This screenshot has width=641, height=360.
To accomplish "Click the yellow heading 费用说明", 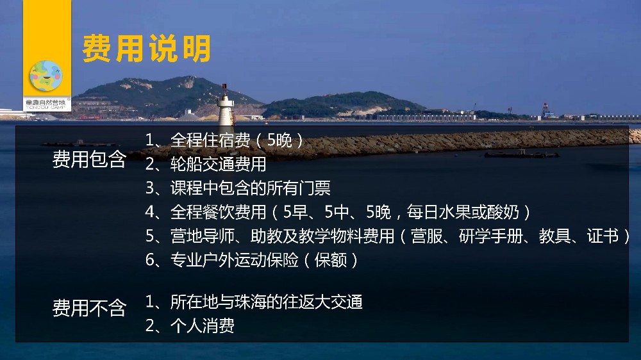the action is pyautogui.click(x=146, y=49).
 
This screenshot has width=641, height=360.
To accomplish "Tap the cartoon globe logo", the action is pyautogui.click(x=46, y=76).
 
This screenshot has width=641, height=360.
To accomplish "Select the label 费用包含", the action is pyautogui.click(x=89, y=160).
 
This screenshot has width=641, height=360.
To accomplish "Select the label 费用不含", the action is pyautogui.click(x=89, y=307).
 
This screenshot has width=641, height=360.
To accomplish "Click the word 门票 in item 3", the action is pyautogui.click(x=315, y=188).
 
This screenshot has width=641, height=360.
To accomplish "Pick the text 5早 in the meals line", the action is pyautogui.click(x=295, y=212).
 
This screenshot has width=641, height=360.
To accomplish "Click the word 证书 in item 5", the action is pyautogui.click(x=603, y=236).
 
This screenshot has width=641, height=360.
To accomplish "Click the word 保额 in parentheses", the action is pyautogui.click(x=331, y=260).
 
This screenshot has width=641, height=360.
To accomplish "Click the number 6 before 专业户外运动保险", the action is pyautogui.click(x=149, y=260).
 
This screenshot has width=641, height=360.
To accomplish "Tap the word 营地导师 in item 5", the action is pyautogui.click(x=203, y=236).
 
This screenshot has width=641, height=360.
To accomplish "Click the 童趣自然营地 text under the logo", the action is pyautogui.click(x=46, y=102).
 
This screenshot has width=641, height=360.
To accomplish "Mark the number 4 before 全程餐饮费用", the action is pyautogui.click(x=149, y=213).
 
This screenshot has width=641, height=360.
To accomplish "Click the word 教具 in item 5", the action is pyautogui.click(x=554, y=236).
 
